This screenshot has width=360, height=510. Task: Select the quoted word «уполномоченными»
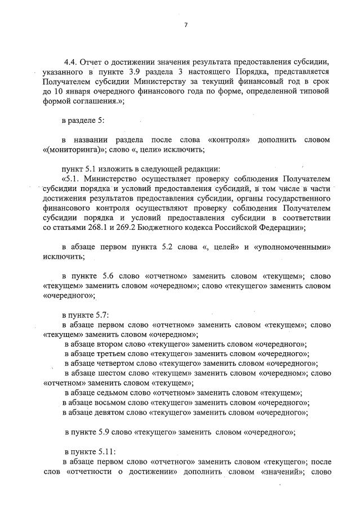click(292, 247)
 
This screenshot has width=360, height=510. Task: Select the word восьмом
click(114, 402)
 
